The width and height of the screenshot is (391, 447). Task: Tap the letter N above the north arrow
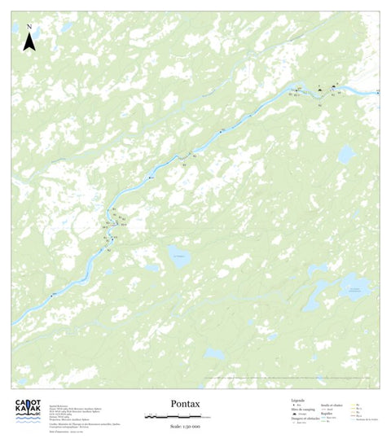[x=29, y=27]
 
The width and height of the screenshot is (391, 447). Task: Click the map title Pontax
[x=186, y=403]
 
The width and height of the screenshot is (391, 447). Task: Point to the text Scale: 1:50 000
[x=186, y=425]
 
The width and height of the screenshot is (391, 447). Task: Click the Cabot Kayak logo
[x=28, y=411]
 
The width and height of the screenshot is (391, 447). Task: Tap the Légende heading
[x=298, y=401]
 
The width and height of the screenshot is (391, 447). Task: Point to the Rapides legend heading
[x=327, y=413]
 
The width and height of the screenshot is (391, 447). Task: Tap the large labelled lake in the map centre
[x=180, y=256]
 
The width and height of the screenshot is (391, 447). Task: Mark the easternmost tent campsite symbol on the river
[x=333, y=86]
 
